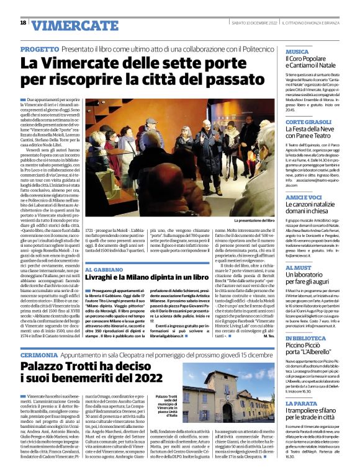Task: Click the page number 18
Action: tap(23, 23)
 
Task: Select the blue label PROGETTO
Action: tap(40, 48)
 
